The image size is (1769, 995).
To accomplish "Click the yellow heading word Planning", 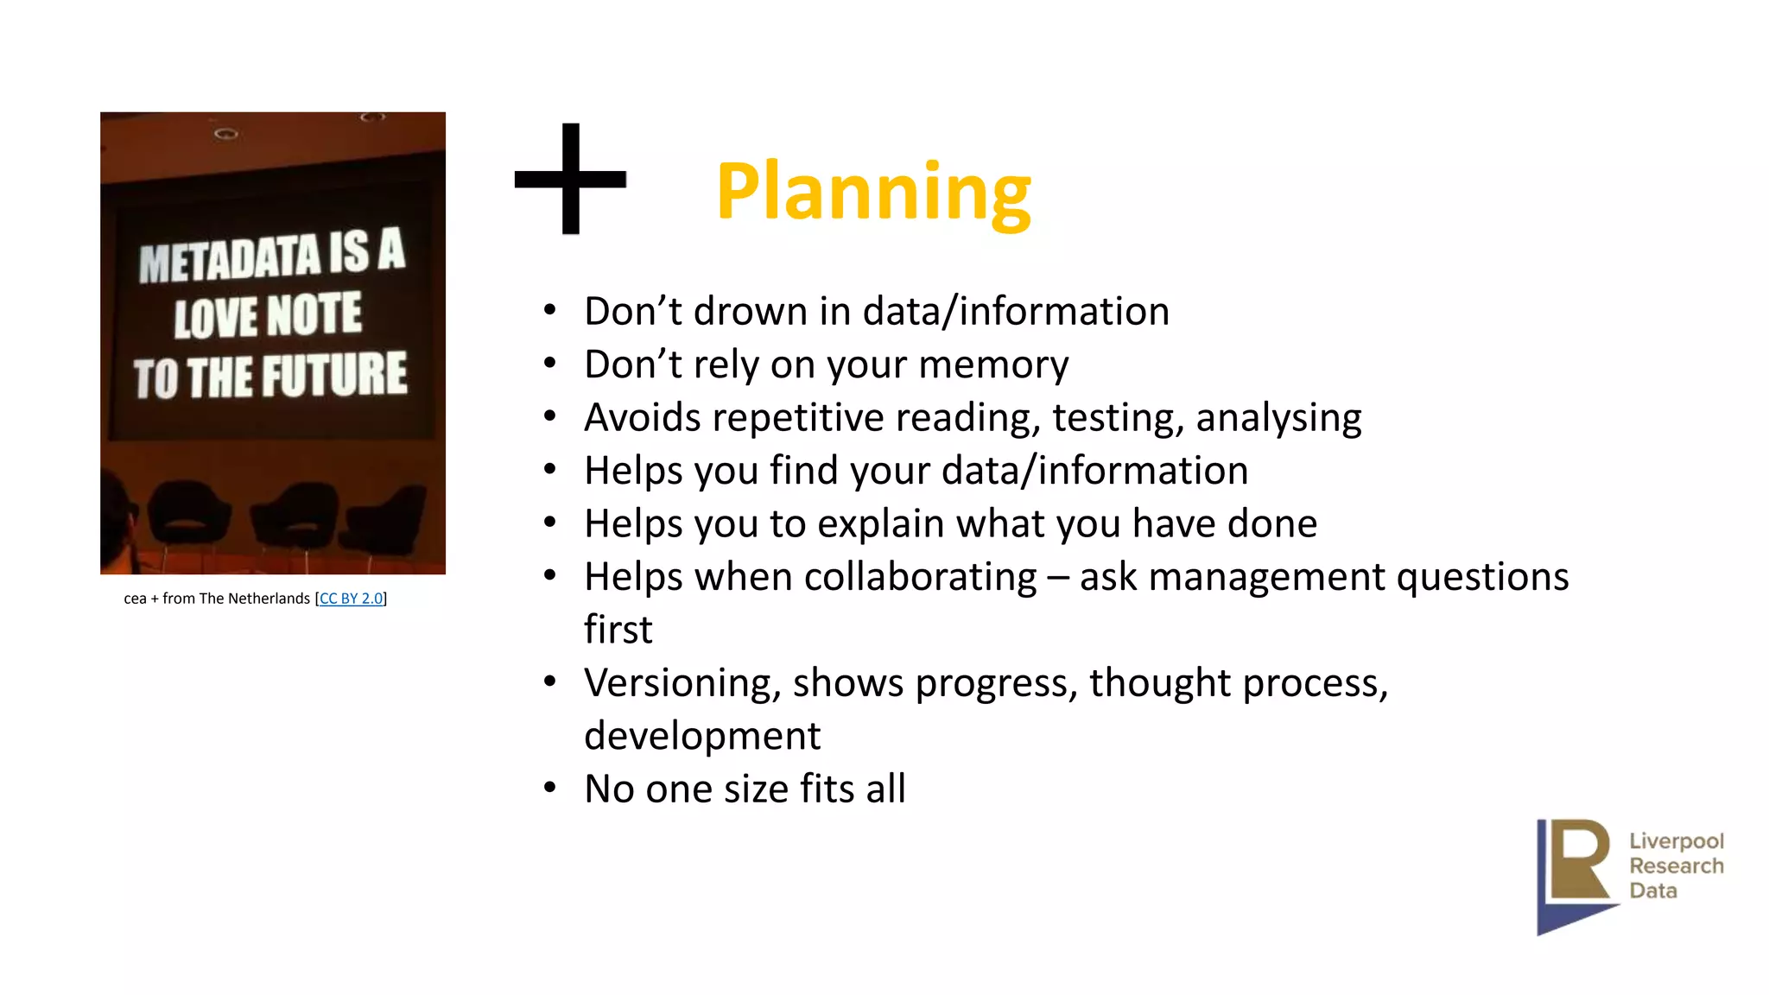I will (x=872, y=192).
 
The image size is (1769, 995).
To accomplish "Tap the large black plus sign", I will (x=570, y=179).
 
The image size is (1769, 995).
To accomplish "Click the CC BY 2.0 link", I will (x=351, y=599).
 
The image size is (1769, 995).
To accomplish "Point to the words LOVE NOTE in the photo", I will (x=268, y=315).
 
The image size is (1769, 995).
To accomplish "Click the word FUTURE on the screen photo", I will (x=334, y=375).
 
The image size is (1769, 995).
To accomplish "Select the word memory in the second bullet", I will (x=993, y=364).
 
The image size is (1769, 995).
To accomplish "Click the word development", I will (x=702, y=736).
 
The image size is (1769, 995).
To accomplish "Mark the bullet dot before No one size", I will (x=550, y=788).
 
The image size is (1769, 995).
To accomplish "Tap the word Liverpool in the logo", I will (x=1676, y=840).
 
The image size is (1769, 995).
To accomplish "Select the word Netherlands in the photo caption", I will (x=269, y=599).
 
